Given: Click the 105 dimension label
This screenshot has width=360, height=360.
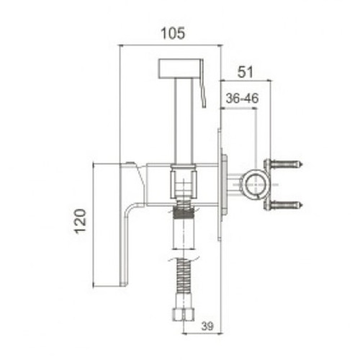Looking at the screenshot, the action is click(173, 33).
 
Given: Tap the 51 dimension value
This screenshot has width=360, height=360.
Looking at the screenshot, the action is click(245, 72).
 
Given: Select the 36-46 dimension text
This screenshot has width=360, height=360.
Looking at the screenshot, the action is click(242, 99).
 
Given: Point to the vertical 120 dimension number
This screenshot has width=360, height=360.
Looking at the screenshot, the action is click(80, 221).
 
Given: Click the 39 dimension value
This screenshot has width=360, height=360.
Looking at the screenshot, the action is click(207, 326).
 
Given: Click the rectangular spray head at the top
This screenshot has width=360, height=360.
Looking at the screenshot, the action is click(179, 68).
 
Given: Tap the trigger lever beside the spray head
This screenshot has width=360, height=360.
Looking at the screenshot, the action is click(203, 84).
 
